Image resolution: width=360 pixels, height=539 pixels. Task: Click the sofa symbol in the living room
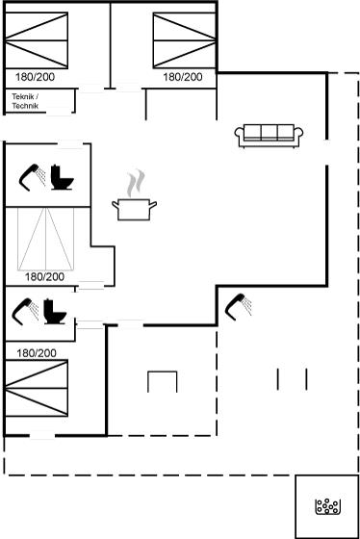269,136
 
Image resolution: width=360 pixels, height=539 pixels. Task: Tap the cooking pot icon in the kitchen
134,210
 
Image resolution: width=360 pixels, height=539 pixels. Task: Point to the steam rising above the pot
136,183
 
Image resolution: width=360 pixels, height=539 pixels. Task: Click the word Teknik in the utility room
23,96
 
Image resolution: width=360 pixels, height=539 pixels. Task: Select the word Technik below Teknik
25,106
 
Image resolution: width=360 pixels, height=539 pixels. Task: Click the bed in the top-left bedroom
37,40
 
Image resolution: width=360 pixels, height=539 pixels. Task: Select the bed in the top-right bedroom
185,40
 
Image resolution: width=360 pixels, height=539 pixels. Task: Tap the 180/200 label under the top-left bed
35,77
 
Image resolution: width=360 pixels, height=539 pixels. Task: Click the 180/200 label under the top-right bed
183,77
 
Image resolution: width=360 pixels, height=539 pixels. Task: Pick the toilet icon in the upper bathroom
62,177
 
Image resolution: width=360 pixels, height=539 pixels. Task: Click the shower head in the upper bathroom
32,177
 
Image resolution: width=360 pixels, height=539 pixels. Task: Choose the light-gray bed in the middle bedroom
46,239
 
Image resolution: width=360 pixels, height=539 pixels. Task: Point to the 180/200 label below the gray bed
44,277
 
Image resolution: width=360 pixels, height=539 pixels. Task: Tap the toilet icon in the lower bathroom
55,312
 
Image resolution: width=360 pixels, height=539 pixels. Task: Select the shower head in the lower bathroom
25,312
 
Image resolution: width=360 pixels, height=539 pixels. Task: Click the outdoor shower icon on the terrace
238,307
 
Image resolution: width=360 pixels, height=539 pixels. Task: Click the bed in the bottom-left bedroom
37,388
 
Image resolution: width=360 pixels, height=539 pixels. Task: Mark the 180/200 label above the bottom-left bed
37,353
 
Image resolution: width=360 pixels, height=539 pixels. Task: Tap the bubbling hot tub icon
328,506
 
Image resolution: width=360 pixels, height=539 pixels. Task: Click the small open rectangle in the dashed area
163,372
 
